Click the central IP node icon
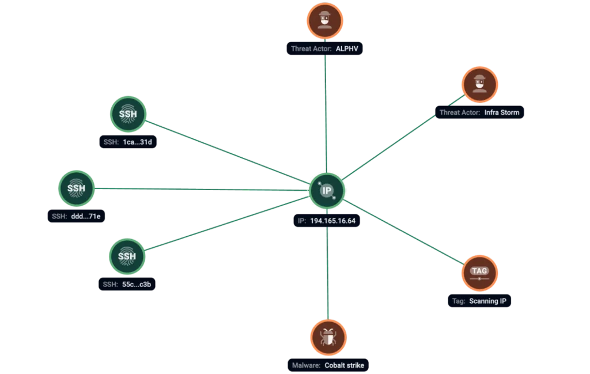point(327,190)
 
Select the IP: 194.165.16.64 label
point(327,221)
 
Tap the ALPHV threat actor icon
point(325,21)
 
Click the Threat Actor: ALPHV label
point(325,48)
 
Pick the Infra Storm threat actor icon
point(480,85)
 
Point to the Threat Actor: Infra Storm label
point(479,112)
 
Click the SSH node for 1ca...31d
point(128,114)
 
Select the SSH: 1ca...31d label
point(128,142)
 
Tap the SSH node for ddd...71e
point(77,188)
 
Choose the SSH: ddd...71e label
point(77,216)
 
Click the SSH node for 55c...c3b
point(127,256)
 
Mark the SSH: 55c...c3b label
point(127,284)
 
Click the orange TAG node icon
point(480,273)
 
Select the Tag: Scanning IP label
point(479,301)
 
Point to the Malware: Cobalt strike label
point(328,365)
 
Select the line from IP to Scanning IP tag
point(403,232)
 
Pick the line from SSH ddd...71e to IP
point(202,189)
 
